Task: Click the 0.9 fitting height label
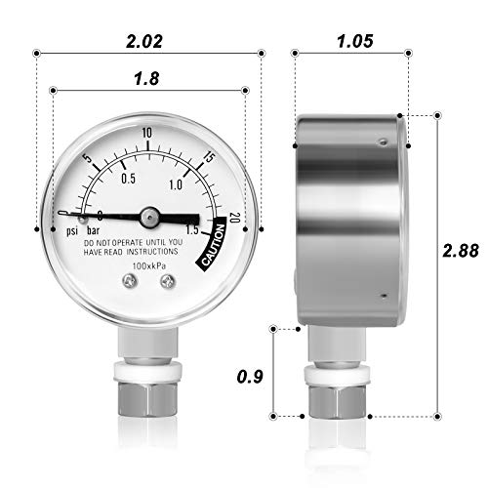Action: (253, 374)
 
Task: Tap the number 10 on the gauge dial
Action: (147, 133)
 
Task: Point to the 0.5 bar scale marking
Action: (128, 178)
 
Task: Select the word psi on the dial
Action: (71, 231)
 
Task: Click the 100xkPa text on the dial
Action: (147, 265)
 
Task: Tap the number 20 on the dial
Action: (233, 218)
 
